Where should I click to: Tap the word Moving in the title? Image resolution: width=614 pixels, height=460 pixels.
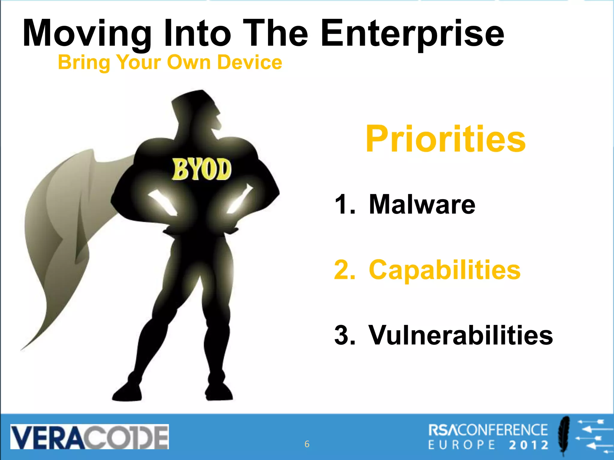pos(87,34)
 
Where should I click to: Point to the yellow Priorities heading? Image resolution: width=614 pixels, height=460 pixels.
pos(446,139)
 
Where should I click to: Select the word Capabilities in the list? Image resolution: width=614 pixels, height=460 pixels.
pos(445,270)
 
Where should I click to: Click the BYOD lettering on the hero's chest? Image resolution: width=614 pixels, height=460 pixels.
pos(201,170)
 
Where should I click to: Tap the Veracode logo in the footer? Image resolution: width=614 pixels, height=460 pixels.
pos(89,437)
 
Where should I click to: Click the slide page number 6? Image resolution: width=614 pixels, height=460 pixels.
pos(307,444)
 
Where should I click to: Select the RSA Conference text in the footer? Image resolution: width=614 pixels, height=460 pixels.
pos(488,430)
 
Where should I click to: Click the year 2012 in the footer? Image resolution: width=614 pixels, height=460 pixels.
pos(529,445)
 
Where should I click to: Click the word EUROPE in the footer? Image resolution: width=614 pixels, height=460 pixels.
pos(462,445)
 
